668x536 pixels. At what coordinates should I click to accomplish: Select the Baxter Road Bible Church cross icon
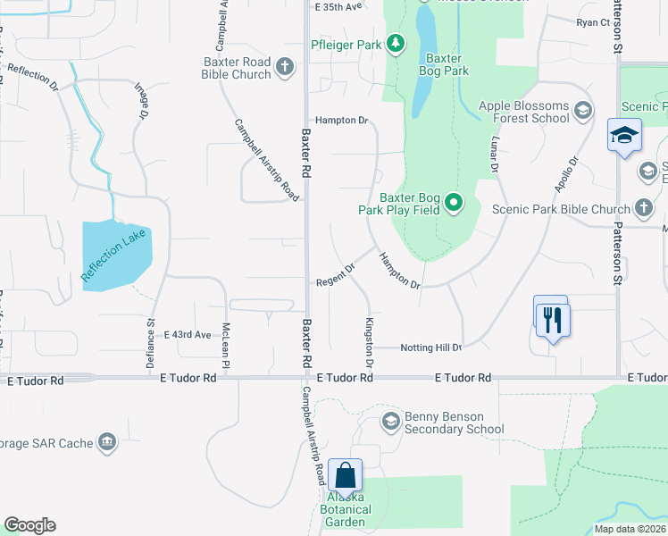pyautogui.click(x=284, y=66)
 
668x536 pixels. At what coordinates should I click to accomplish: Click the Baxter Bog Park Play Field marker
pyautogui.click(x=454, y=204)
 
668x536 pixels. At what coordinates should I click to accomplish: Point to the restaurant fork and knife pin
pyautogui.click(x=551, y=318)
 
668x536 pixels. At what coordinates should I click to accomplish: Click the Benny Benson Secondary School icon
pyautogui.click(x=390, y=421)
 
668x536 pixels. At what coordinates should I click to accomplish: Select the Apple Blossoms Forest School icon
pyautogui.click(x=583, y=111)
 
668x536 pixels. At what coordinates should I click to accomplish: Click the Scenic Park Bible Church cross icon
pyautogui.click(x=644, y=209)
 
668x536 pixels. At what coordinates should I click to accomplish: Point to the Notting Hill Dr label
pyautogui.click(x=430, y=348)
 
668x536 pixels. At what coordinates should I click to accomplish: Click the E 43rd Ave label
pyautogui.click(x=187, y=335)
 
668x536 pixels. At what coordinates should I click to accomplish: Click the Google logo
pyautogui.click(x=29, y=525)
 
